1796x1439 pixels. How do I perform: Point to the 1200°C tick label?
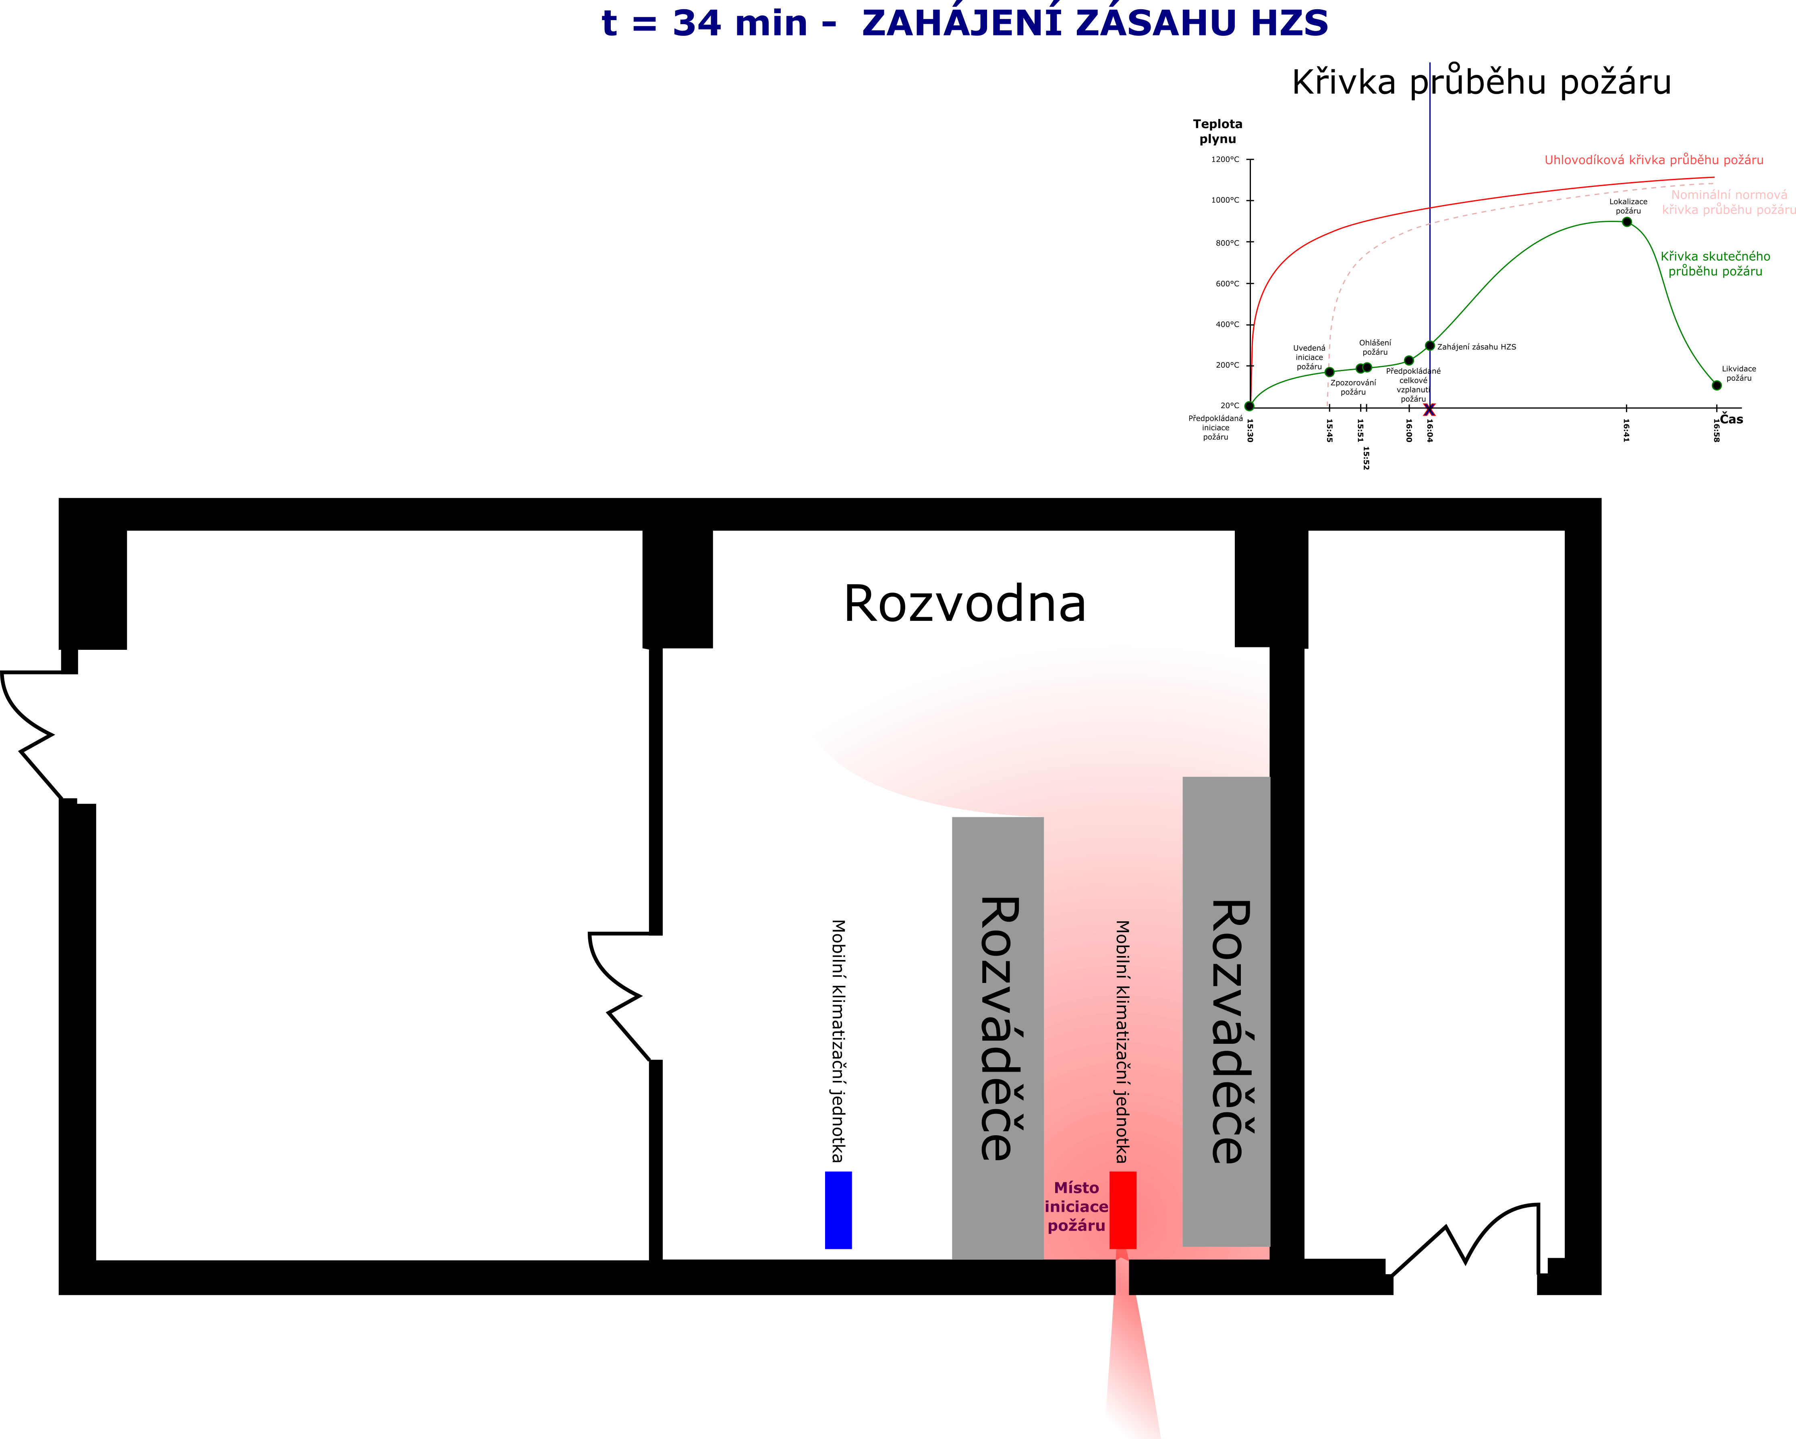1226,159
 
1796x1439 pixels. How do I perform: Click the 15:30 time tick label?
1250,431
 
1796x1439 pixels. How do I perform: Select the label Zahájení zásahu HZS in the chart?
1477,346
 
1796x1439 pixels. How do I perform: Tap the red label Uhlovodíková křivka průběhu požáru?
1653,160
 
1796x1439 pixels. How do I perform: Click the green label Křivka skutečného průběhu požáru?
1715,263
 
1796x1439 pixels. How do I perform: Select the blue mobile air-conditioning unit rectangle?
838,1210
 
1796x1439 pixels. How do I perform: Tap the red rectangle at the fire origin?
1123,1210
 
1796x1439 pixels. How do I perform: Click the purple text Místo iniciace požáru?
1076,1207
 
